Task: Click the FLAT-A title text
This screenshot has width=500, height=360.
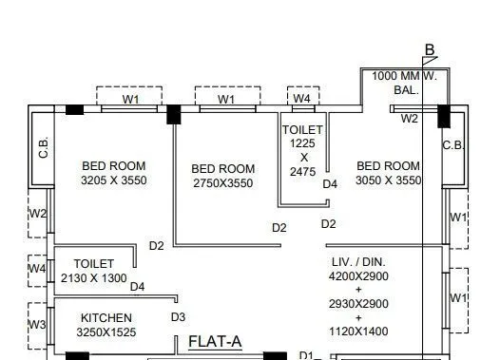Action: (x=215, y=341)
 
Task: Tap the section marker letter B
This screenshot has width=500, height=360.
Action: (x=430, y=50)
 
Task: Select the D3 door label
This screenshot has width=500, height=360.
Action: (x=178, y=316)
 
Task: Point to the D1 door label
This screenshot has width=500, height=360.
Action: (x=306, y=355)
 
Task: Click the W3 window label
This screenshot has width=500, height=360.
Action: (x=37, y=325)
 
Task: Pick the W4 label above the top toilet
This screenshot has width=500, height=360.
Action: (x=301, y=98)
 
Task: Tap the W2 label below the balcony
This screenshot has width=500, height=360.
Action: (x=409, y=119)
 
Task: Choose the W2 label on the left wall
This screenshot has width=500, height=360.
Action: (x=37, y=214)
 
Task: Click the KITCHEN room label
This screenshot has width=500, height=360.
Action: (x=106, y=318)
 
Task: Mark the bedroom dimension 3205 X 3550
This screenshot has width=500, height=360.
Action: (x=114, y=180)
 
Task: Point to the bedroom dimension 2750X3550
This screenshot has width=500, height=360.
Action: (x=223, y=183)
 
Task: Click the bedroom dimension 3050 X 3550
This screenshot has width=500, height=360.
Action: (x=388, y=180)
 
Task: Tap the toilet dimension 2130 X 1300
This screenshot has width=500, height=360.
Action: (x=93, y=278)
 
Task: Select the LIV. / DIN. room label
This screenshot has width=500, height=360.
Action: (x=358, y=261)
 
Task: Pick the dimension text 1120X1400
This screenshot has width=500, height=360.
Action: (x=358, y=332)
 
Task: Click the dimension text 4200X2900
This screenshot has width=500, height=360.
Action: (x=358, y=275)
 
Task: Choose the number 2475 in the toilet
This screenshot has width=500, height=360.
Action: (x=303, y=172)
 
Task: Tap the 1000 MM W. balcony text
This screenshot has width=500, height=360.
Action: (x=404, y=76)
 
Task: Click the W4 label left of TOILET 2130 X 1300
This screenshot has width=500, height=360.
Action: (x=37, y=270)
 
